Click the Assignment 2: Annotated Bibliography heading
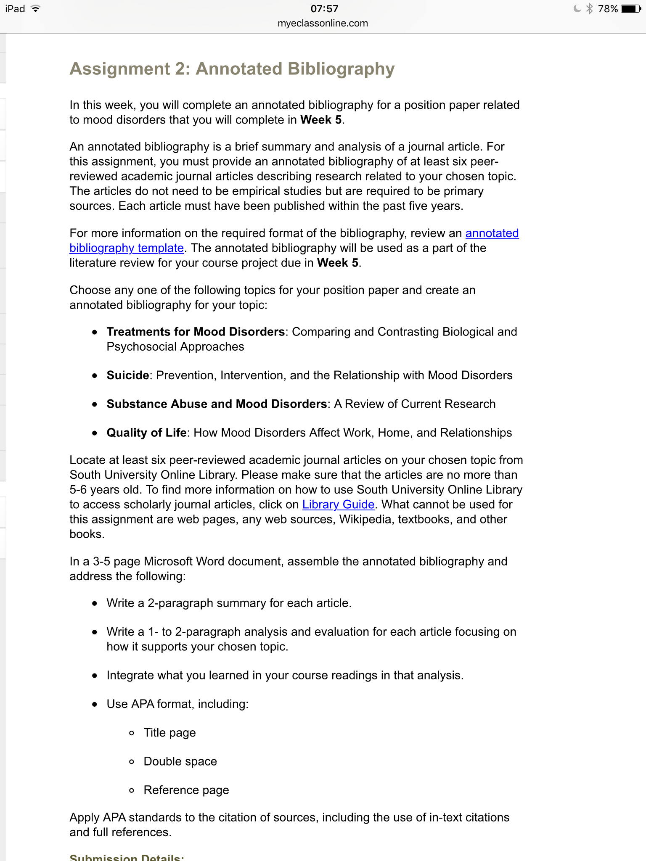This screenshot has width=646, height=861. [232, 69]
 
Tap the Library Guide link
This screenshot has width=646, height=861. [338, 504]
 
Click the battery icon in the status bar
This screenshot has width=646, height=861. [631, 9]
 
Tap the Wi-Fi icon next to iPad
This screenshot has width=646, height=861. [36, 9]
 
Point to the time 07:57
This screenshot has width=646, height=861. [324, 9]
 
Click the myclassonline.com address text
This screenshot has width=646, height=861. [323, 24]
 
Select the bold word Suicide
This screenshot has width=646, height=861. [128, 375]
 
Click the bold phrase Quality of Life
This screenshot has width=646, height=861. [146, 433]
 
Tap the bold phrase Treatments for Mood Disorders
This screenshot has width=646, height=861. [196, 332]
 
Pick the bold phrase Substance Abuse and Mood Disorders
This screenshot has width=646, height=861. [217, 404]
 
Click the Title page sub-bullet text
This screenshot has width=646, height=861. [169, 733]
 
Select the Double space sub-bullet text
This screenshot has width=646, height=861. [180, 761]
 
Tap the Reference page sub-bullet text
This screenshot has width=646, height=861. [186, 790]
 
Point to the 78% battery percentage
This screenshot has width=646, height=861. [608, 9]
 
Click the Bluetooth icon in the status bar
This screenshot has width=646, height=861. [590, 9]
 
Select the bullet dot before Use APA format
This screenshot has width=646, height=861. [95, 704]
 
